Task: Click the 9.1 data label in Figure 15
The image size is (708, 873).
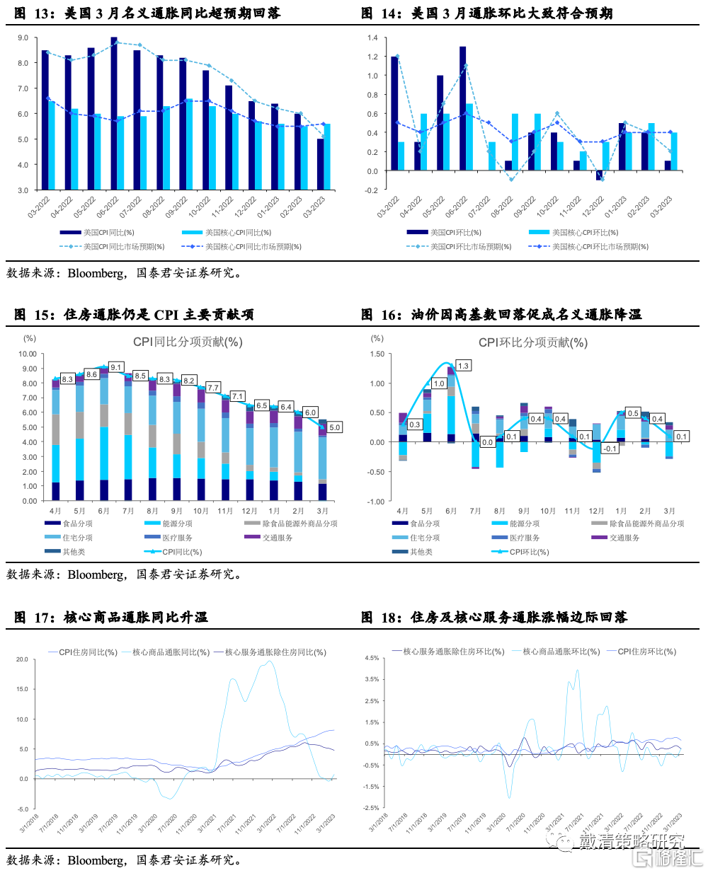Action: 115,367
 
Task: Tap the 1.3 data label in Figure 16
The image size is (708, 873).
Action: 463,366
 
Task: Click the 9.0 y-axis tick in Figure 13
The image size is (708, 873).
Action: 23,37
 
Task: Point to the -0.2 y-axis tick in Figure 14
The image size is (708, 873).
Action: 372,190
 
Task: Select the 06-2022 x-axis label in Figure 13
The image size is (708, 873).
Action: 108,207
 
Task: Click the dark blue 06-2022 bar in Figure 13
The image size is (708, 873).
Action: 114,113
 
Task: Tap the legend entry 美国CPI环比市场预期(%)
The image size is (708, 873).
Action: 470,247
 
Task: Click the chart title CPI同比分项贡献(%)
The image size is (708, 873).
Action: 188,342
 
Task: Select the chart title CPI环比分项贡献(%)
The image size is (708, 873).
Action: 533,342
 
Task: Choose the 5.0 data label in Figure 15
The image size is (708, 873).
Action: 334,427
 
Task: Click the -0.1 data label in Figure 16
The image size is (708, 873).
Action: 610,449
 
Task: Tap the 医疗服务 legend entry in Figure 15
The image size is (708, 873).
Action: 177,538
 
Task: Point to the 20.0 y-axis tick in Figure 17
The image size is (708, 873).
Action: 23,659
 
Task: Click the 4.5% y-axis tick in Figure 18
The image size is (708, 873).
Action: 372,658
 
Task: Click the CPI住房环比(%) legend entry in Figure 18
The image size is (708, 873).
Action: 646,652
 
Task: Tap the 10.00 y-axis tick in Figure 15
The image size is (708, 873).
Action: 28,354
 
